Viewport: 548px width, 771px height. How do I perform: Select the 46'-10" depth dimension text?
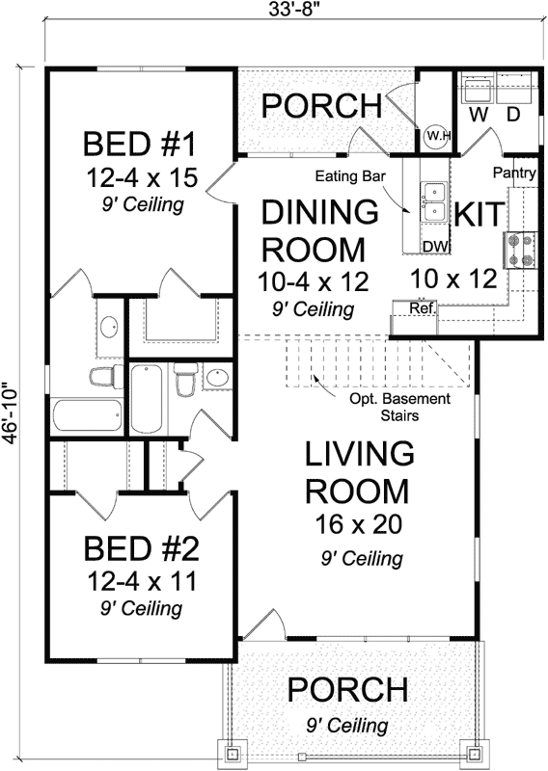pos(11,395)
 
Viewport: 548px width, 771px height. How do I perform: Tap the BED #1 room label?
pos(140,146)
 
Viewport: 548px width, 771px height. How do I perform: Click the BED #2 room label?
pos(140,549)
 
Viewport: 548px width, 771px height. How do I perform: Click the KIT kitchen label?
pos(476,213)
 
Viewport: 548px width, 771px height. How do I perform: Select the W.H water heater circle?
pos(437,136)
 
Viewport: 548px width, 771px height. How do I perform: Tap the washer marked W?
pos(477,95)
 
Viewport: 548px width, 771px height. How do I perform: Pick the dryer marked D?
pos(514,95)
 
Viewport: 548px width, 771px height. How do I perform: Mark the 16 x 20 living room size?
pos(358,525)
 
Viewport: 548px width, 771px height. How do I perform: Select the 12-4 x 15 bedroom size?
pos(140,178)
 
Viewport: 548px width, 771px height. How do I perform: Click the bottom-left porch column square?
pos(235,751)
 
